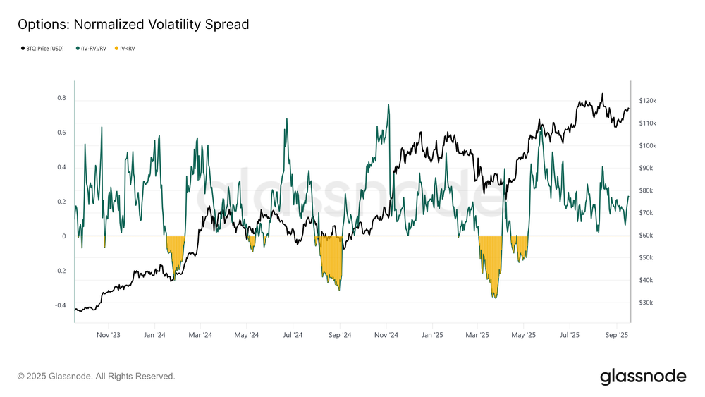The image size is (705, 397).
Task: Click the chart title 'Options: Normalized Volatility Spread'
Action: coord(133,25)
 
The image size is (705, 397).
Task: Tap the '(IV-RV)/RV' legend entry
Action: coord(94,49)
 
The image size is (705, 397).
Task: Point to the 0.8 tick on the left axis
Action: coord(61,98)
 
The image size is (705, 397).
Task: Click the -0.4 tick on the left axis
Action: coord(60,305)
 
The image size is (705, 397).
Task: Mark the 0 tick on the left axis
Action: coord(64,236)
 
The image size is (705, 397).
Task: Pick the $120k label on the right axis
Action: coord(647,101)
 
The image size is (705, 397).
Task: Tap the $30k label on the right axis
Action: coord(647,303)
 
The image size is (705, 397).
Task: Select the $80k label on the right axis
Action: coord(647,190)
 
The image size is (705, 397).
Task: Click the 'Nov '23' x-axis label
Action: coord(108,335)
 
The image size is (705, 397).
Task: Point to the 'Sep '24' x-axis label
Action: coord(339,335)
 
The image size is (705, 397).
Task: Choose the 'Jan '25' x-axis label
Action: coord(432,335)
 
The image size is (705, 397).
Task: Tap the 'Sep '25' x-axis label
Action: coord(617,335)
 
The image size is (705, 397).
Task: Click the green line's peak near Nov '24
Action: coord(388,105)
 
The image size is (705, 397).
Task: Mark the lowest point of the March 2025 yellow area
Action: coord(495,298)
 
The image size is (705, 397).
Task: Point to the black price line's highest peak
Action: coord(602,94)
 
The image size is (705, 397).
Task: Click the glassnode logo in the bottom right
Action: coord(642,377)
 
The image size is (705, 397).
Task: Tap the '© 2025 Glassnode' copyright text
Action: coord(96,377)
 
